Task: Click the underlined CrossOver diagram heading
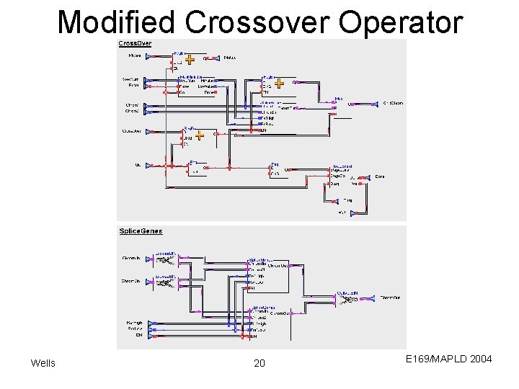coord(136,44)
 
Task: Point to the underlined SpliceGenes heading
coord(141,231)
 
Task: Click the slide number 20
coord(259,363)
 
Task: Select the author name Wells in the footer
coord(43,363)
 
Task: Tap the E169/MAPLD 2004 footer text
coord(448,358)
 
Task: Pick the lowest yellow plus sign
coord(200,135)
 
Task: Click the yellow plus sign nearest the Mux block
coord(279,83)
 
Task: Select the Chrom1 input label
coord(133,105)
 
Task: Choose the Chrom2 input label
coord(133,112)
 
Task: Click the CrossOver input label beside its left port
coord(132,131)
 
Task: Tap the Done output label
coord(379,176)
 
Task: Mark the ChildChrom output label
coord(393,104)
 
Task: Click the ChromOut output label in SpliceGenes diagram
coord(391,297)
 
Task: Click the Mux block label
coord(339,98)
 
